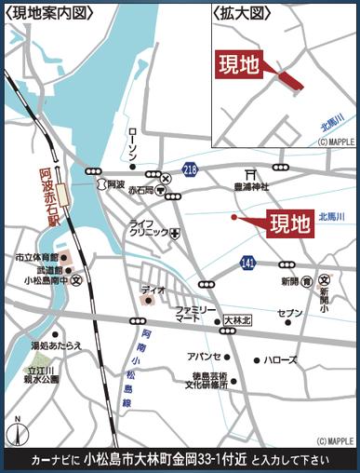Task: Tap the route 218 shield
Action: [x=191, y=169]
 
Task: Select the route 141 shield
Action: [x=247, y=264]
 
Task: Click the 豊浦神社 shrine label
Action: [x=251, y=186]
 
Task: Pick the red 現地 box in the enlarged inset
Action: [x=238, y=64]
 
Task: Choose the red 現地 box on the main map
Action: [x=288, y=223]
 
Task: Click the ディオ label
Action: [x=153, y=291]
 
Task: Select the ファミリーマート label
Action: [x=195, y=314]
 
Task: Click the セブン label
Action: [x=290, y=314]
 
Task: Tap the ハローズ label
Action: [x=279, y=358]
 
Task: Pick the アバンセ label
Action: [x=204, y=357]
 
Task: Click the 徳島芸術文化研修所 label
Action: [x=204, y=381]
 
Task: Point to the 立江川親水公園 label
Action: [x=41, y=375]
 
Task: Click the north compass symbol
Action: [x=15, y=434]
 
